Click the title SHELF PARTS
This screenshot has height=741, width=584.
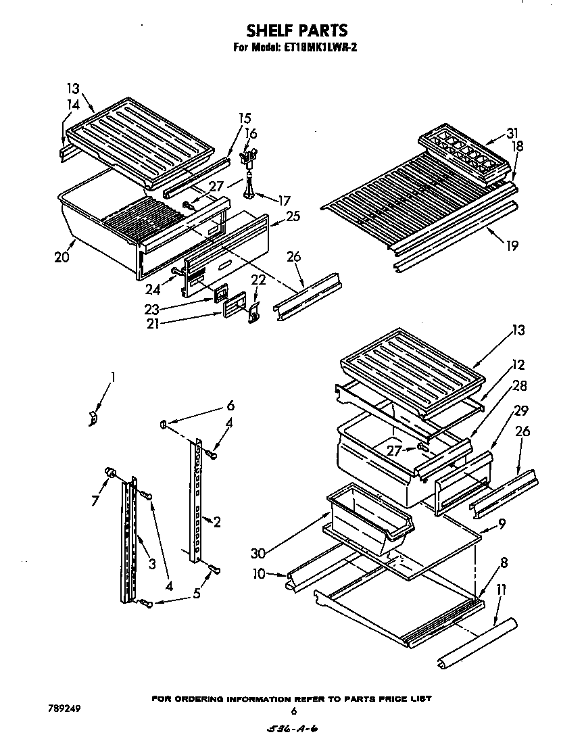coord(296,30)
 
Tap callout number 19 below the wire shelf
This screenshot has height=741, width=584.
coord(512,245)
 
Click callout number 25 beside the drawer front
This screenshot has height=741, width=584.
coord(293,216)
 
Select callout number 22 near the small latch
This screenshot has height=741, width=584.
coord(259,279)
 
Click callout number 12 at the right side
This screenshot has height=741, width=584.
coord(518,365)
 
